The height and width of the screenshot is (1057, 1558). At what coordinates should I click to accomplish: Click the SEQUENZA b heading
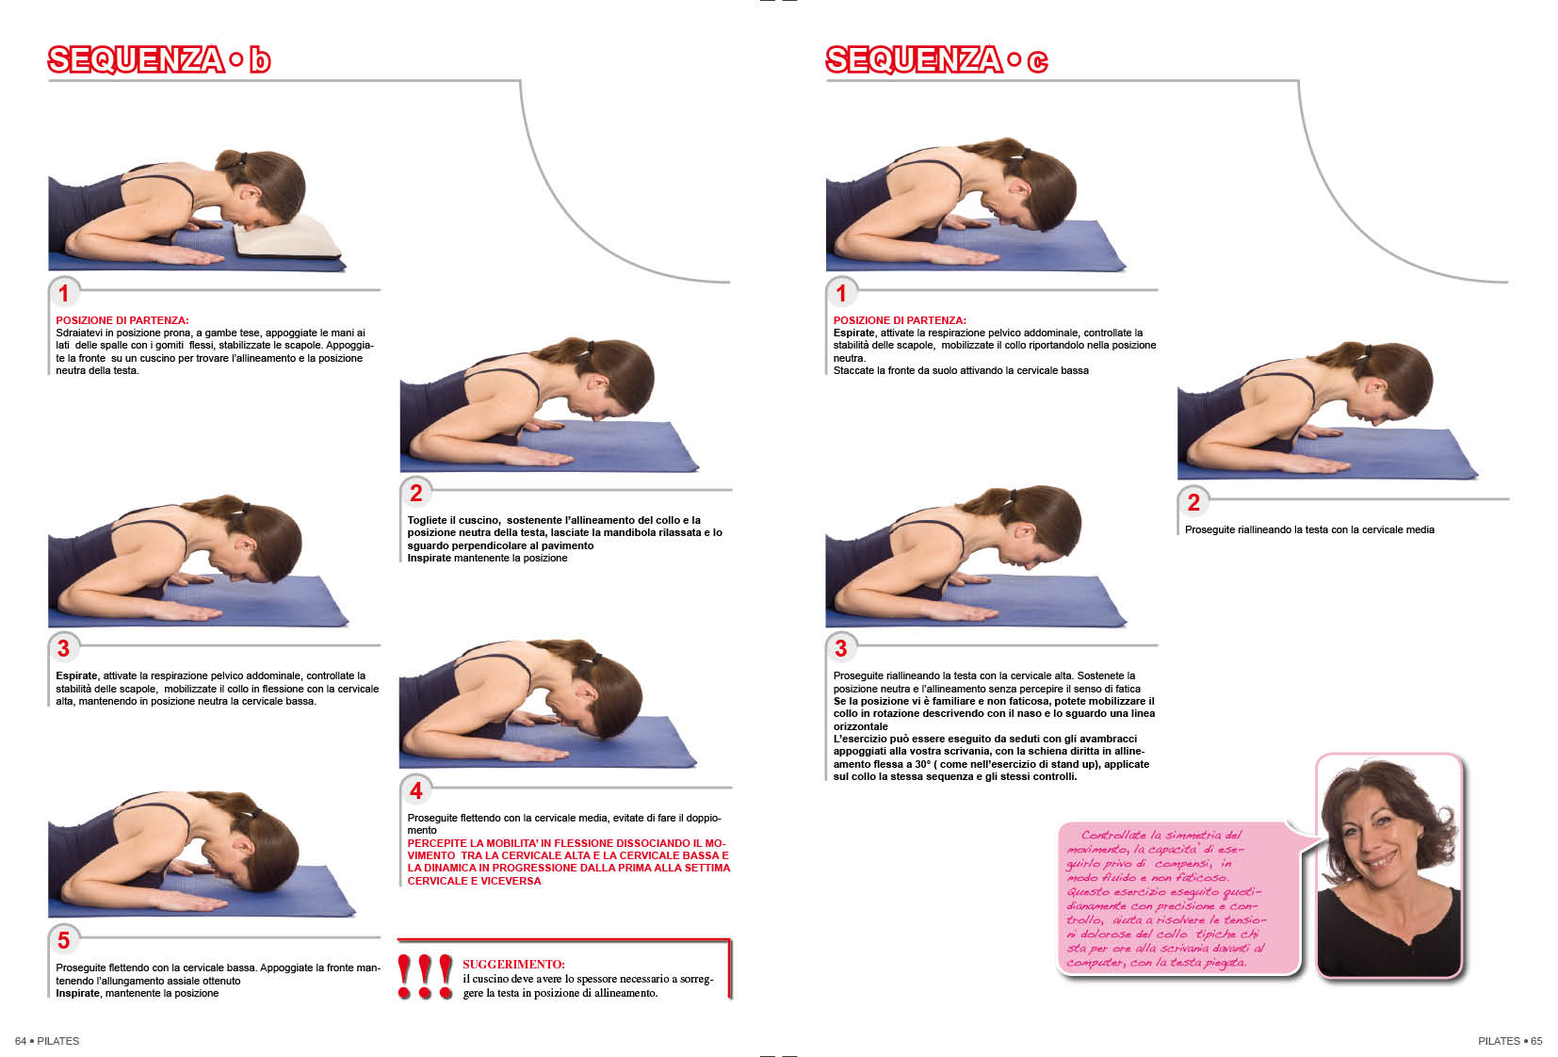click(158, 59)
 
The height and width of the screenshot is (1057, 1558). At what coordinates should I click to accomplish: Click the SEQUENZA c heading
click(936, 59)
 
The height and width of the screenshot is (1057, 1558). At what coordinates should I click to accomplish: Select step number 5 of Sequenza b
click(63, 940)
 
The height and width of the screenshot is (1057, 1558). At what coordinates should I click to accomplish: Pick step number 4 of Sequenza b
click(416, 790)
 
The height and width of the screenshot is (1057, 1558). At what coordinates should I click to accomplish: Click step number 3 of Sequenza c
click(841, 648)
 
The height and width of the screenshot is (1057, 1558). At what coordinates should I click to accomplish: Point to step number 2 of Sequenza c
click(1193, 502)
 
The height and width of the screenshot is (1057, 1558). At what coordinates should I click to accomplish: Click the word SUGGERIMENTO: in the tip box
click(513, 964)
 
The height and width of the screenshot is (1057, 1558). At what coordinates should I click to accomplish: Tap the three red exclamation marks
click(424, 976)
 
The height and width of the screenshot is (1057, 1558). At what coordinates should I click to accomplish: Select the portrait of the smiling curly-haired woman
click(1389, 866)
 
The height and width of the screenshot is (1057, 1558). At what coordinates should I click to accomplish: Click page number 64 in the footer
click(21, 1041)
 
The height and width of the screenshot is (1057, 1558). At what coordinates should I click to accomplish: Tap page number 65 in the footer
click(1536, 1041)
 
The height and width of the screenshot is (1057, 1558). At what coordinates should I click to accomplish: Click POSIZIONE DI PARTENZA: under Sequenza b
click(122, 320)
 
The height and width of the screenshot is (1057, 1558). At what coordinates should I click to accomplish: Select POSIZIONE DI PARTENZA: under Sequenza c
click(900, 320)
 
